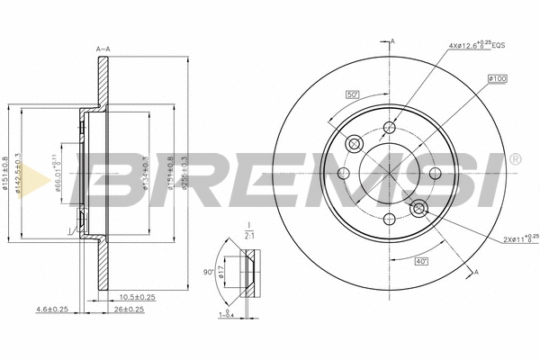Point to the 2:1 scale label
click(x=249, y=235)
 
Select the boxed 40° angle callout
click(x=422, y=262)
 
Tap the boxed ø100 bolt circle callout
click(x=498, y=78)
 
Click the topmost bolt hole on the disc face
click(x=389, y=128)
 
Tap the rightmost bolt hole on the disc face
click(x=435, y=173)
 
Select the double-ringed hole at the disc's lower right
click(x=418, y=209)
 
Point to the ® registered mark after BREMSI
click(x=514, y=159)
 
